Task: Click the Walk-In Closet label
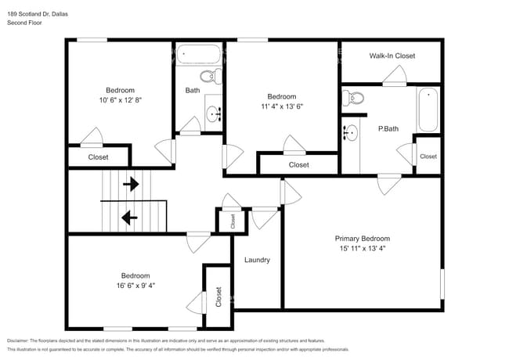click(x=392, y=56)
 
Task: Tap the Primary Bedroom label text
click(x=362, y=239)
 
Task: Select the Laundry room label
click(x=257, y=260)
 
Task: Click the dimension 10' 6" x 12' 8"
click(x=120, y=100)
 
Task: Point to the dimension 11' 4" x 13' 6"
click(x=281, y=106)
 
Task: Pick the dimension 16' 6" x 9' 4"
click(x=135, y=286)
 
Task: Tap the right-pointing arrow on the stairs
click(x=131, y=185)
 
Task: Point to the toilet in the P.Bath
click(x=353, y=98)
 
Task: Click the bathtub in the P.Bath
click(x=428, y=110)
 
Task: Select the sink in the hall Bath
click(x=215, y=115)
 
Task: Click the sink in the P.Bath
click(x=350, y=132)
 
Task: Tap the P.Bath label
click(x=387, y=129)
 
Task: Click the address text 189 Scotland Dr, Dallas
click(x=38, y=13)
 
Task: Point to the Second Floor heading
click(x=25, y=23)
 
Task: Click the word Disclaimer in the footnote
click(x=21, y=340)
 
